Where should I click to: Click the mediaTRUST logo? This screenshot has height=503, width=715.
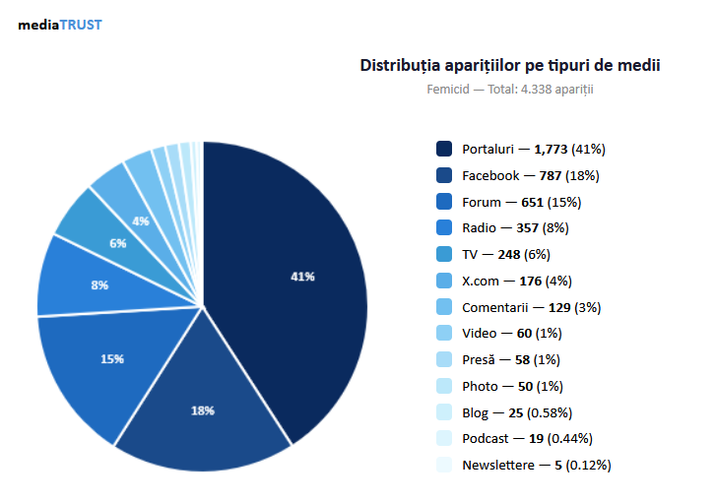59,25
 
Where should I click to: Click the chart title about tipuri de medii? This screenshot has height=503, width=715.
509,66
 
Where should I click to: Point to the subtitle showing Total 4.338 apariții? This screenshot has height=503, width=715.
509,90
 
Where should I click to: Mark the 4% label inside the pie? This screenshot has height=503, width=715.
141,220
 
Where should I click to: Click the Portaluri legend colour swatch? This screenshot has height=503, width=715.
444,149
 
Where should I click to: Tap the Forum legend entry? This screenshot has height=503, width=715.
522,202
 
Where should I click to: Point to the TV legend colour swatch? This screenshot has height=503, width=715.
444,254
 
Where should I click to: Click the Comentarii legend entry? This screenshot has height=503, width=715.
532,307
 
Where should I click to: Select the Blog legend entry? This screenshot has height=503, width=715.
517,412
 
